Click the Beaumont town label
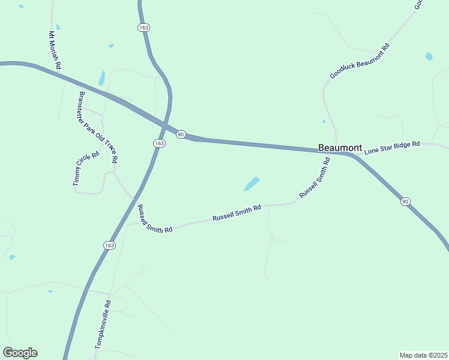click(x=340, y=148)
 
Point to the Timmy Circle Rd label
click(x=86, y=169)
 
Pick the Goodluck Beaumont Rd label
click(x=360, y=61)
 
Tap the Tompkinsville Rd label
click(x=103, y=325)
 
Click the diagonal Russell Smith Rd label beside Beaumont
click(x=315, y=178)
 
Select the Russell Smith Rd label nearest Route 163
click(x=154, y=218)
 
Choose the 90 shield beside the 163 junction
click(x=181, y=134)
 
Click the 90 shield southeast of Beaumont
click(x=406, y=202)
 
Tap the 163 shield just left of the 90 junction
click(x=158, y=143)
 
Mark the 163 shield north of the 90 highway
click(x=143, y=28)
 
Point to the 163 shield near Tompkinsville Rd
click(x=109, y=245)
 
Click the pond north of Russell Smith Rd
click(x=252, y=184)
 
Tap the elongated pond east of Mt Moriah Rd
click(x=102, y=78)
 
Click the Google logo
click(x=20, y=353)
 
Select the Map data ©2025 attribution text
click(x=423, y=355)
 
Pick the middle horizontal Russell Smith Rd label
click(x=237, y=214)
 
